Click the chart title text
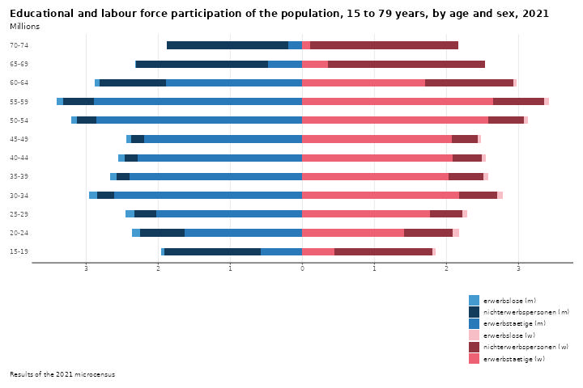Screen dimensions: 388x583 [279, 14]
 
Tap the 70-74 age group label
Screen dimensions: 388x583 [20, 45]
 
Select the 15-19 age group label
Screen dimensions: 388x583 [20, 251]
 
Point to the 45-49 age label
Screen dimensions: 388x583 [20, 139]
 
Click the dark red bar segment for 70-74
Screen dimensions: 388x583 [384, 45]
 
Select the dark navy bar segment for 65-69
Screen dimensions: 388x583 [202, 64]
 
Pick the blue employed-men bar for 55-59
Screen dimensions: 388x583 [198, 101]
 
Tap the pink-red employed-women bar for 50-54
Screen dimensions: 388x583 [395, 120]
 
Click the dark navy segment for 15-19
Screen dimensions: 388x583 [212, 251]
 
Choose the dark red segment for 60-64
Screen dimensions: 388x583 [469, 82]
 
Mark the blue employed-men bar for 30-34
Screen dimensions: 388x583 [208, 195]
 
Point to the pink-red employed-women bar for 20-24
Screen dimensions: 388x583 [353, 233]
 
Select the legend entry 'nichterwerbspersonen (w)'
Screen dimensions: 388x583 [526, 346]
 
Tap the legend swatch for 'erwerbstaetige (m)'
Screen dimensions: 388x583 [474, 323]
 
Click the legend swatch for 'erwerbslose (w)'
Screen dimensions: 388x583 [474, 335]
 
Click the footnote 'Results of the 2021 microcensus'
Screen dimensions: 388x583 [62, 374]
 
